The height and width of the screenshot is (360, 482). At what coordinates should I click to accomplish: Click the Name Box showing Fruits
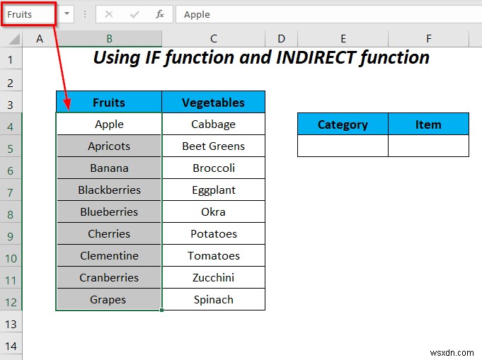(28, 14)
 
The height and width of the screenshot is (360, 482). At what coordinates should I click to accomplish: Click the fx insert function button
(160, 14)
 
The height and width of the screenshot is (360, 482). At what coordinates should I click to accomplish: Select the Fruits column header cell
(109, 103)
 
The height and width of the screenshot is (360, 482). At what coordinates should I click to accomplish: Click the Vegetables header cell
(213, 103)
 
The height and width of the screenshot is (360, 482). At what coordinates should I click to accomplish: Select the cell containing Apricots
(109, 146)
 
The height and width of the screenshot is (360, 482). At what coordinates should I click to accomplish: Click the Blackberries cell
(109, 190)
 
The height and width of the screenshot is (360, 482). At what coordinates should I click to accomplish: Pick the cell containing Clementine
(109, 256)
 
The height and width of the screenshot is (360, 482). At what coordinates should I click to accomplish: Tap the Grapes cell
(109, 300)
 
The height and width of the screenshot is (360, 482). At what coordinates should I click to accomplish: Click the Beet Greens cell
(213, 146)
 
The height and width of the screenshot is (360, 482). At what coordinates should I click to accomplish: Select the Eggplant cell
(213, 190)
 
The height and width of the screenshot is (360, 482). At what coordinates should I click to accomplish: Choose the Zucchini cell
(213, 278)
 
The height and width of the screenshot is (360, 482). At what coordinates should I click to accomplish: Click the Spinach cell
(213, 300)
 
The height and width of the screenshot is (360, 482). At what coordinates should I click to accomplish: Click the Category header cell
(343, 124)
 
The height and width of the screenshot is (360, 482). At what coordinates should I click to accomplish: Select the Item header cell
(428, 124)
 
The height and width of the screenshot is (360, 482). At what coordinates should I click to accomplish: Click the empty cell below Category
(343, 146)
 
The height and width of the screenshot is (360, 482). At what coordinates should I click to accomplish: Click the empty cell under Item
(428, 146)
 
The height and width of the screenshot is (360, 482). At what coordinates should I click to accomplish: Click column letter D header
(282, 39)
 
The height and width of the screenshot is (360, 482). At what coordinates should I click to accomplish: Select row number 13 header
(11, 324)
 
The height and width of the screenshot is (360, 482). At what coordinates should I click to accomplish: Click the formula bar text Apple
(197, 14)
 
